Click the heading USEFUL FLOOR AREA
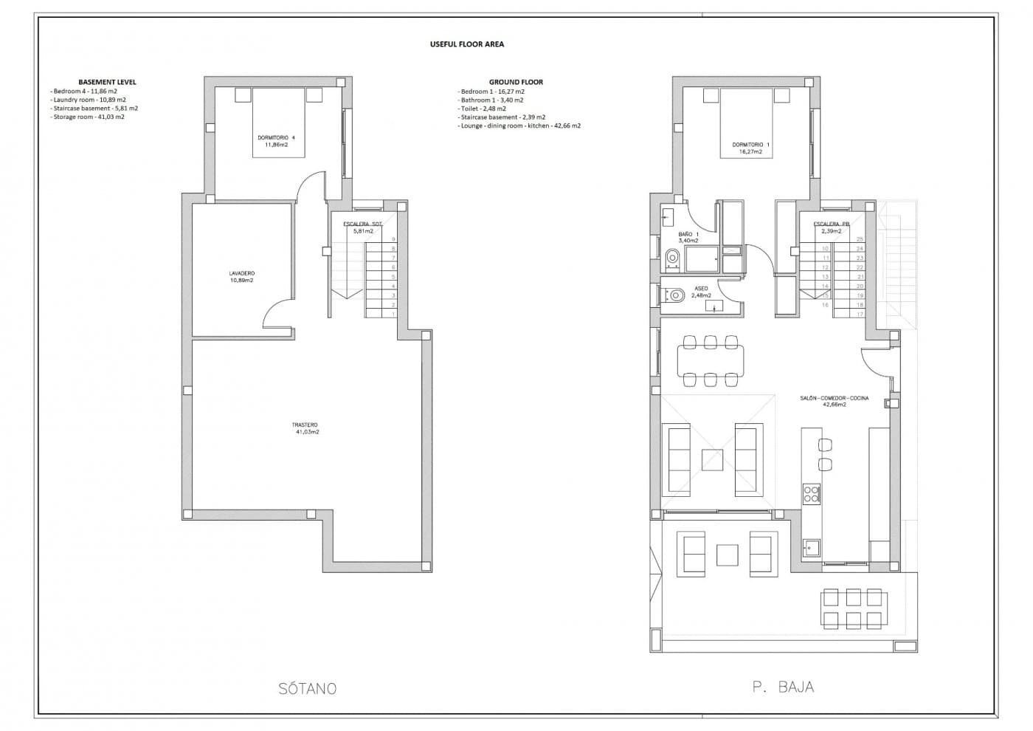[x=466, y=44]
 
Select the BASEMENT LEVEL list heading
[x=107, y=82]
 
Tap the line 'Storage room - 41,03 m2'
[x=88, y=117]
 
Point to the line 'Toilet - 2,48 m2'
[x=482, y=109]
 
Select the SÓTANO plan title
[x=308, y=689]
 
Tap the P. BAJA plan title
[x=783, y=687]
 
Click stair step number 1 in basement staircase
[x=393, y=314]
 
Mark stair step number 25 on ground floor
[x=860, y=239]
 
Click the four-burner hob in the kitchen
[x=811, y=493]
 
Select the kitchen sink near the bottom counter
[x=811, y=548]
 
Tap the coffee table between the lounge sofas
[x=712, y=460]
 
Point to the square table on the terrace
[x=728, y=555]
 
